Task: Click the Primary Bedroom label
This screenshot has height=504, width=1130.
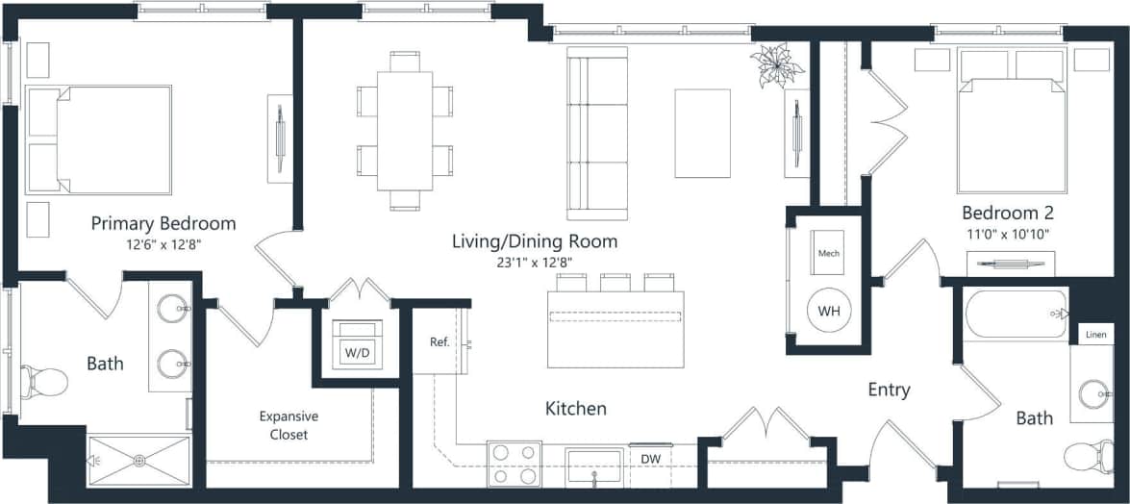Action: click(x=163, y=223)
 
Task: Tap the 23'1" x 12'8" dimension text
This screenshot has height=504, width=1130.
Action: click(x=535, y=262)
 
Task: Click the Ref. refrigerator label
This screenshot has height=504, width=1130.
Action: click(x=439, y=341)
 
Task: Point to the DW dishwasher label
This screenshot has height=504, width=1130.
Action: click(x=650, y=459)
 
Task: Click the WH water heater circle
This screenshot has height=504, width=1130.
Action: click(x=828, y=312)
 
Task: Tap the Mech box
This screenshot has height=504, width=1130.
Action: click(x=828, y=254)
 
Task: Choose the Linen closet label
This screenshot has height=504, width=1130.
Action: click(x=1095, y=334)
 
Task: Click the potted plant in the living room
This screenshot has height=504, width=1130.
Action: click(x=777, y=64)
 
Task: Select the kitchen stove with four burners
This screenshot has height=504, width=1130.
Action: click(x=514, y=463)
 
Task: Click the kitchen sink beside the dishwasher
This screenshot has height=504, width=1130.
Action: click(x=594, y=465)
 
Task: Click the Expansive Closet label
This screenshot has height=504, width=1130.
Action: click(x=289, y=425)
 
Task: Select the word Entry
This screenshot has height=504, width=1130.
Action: click(x=889, y=390)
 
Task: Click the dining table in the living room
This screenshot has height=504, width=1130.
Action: click(x=405, y=130)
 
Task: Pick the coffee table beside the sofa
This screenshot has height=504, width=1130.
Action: click(x=702, y=133)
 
